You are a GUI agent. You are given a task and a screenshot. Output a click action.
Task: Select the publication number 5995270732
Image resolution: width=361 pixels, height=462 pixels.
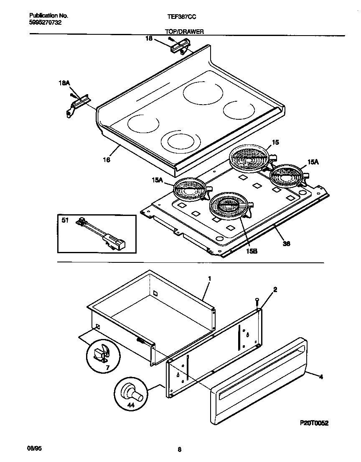[x=46, y=23]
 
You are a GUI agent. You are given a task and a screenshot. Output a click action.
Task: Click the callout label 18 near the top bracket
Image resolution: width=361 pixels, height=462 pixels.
[x=148, y=38]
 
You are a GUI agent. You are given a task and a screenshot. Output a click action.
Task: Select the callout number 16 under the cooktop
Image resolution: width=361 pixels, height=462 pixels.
[x=107, y=159]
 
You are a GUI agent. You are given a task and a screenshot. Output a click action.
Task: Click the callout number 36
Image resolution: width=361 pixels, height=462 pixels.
[x=287, y=243]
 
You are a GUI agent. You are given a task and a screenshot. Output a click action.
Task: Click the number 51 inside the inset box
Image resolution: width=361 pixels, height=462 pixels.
[x=65, y=221]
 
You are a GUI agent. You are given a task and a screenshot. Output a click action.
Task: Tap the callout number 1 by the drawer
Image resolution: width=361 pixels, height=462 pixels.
[x=209, y=278]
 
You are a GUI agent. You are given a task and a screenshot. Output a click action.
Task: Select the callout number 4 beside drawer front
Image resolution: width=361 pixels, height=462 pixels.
[x=321, y=377]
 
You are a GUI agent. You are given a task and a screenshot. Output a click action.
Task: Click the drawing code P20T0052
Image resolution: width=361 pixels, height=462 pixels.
[x=313, y=423]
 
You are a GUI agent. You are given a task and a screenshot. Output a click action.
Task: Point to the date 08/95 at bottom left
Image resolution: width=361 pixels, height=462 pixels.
[x=35, y=449]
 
